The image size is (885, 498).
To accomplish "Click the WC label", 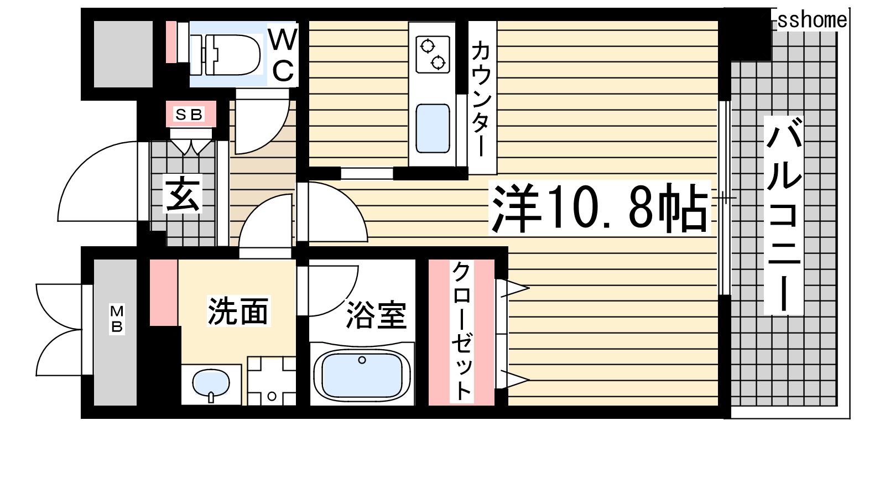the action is tap(283, 55).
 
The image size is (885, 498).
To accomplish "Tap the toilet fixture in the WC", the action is tap(226, 55).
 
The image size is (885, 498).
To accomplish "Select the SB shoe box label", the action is tap(189, 115).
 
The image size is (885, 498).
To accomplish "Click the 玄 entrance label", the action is tap(183, 194).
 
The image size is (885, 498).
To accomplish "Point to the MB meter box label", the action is tap(117, 319).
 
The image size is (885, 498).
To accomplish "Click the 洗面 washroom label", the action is tap(238, 311).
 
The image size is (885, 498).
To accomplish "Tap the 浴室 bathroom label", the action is tap(376, 315).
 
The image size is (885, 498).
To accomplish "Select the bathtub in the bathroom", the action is tap(362, 375).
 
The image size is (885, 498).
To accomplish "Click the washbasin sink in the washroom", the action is tap(211, 383).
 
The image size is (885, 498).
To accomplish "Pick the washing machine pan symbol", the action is tap(272, 381).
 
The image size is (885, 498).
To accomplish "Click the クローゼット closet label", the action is tap(462, 331).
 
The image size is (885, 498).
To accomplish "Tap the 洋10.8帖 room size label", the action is tap(599, 207).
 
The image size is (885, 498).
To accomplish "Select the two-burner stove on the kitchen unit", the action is tap(433, 54).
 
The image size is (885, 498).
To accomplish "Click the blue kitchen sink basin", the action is tap(433, 128).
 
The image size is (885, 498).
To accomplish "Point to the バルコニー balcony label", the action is tap(783, 215).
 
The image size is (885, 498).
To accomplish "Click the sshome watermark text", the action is tap(813, 20).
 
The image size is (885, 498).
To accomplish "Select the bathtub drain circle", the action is tap(362, 360).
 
